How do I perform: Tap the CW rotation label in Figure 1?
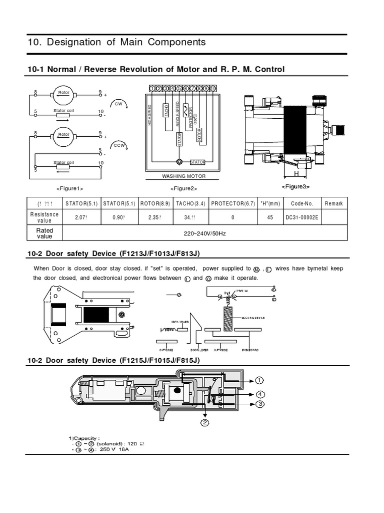(x=118, y=104)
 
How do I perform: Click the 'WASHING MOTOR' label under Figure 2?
(x=183, y=176)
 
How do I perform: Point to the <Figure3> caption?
(x=295, y=186)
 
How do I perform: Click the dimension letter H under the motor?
(x=296, y=173)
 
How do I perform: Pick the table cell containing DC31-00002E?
(x=302, y=218)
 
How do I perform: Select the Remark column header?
(x=333, y=203)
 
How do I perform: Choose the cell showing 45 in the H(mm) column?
(x=270, y=218)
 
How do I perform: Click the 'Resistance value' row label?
(x=44, y=217)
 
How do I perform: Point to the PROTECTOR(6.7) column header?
(x=233, y=203)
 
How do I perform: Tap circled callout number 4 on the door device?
(x=259, y=394)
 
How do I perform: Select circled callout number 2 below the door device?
(x=204, y=422)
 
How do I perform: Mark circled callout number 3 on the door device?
(x=259, y=404)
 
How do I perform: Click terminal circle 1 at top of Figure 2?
(x=152, y=89)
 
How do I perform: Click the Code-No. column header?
(x=302, y=203)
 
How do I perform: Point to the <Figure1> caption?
(x=69, y=188)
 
